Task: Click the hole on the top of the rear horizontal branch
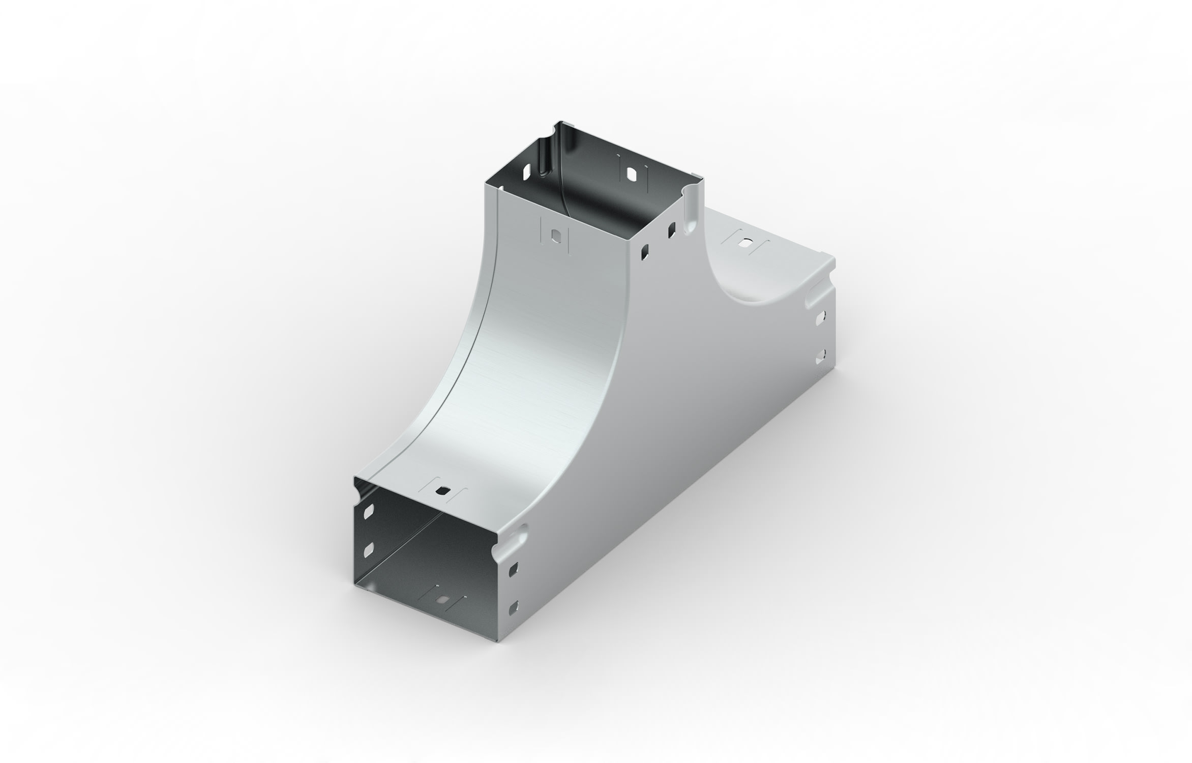point(746,244)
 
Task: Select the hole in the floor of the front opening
point(444,601)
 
